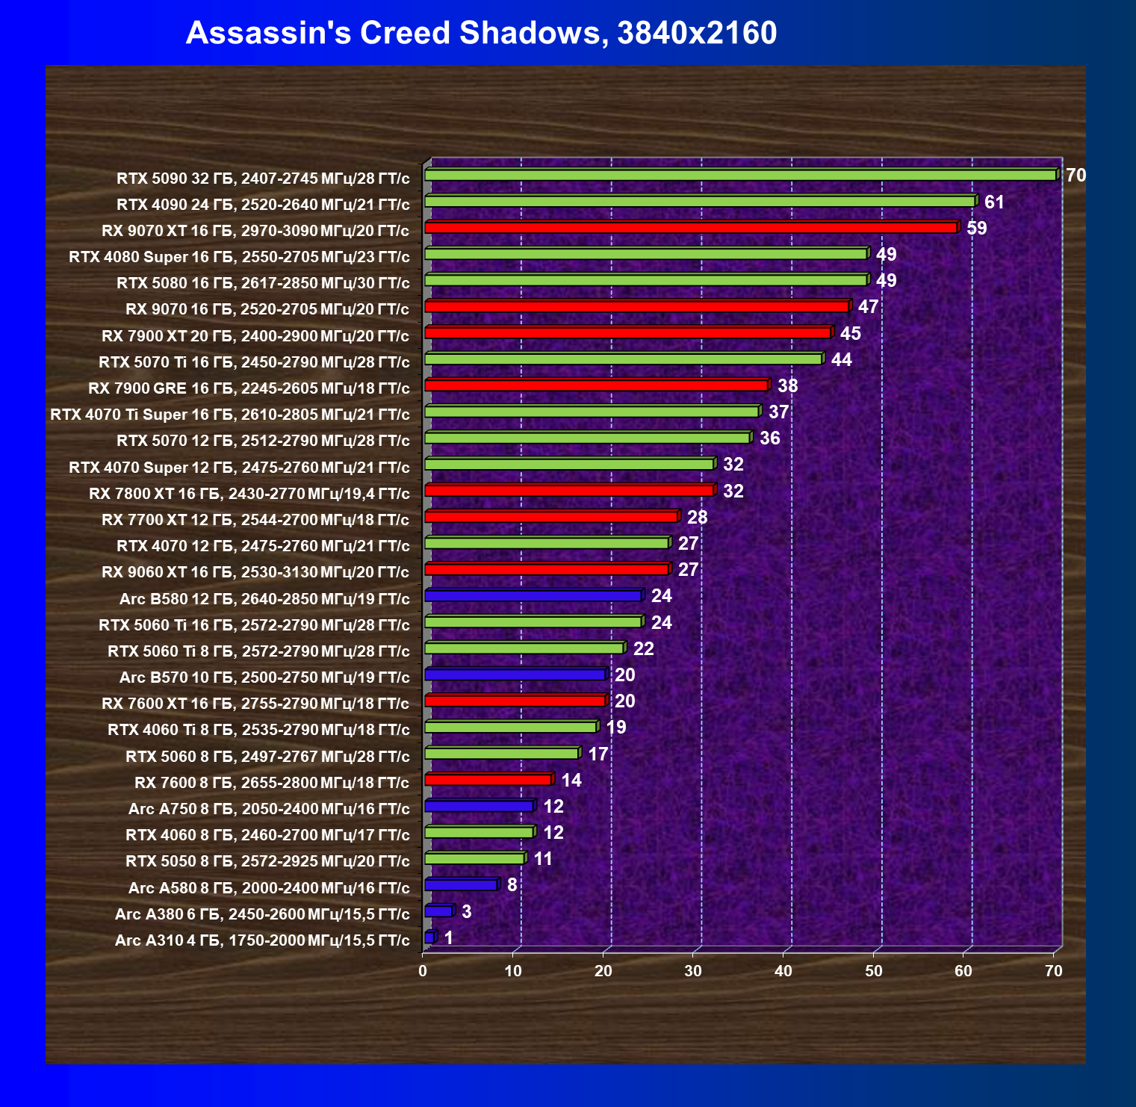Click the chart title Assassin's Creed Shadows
(x=481, y=33)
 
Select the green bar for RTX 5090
(x=739, y=175)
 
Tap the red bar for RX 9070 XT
(x=690, y=228)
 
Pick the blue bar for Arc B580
(x=533, y=596)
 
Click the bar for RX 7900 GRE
(x=595, y=385)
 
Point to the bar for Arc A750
(x=479, y=806)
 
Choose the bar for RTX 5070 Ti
(x=623, y=359)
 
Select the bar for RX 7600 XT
(x=515, y=701)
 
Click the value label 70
(x=1076, y=176)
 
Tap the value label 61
(x=994, y=202)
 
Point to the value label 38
(x=787, y=386)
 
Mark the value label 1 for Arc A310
(x=448, y=937)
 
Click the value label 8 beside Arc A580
(x=512, y=885)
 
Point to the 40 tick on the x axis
(x=783, y=971)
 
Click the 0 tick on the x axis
(x=423, y=971)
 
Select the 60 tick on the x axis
(x=963, y=971)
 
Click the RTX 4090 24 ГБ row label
(x=263, y=205)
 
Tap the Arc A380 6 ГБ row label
(x=262, y=914)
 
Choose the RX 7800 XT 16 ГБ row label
(x=249, y=494)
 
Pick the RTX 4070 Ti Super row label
(x=229, y=415)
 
